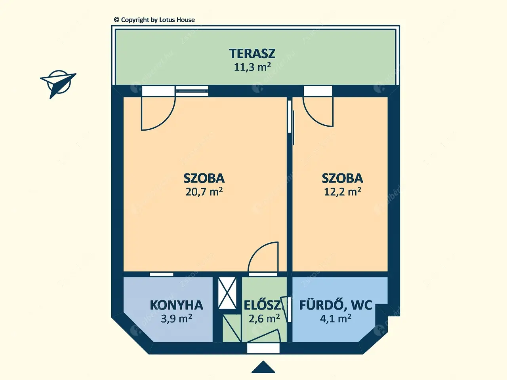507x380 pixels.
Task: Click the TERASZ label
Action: tap(252, 53)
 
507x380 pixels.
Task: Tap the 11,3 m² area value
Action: tap(252, 67)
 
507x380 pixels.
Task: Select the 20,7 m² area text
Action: tap(204, 191)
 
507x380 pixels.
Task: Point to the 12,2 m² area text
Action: tap(342, 191)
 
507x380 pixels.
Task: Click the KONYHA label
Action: tap(177, 305)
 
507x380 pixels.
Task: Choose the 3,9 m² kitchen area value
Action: tap(177, 318)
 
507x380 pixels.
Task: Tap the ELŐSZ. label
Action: tap(263, 305)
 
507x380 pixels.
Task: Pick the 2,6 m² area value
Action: tap(264, 318)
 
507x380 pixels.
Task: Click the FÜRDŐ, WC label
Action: tap(335, 305)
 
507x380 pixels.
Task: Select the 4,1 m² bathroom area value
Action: tap(335, 318)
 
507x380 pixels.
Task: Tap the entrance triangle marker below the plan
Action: tap(263, 367)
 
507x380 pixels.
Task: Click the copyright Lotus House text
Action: tap(154, 20)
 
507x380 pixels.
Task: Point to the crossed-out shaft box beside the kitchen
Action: tap(227, 293)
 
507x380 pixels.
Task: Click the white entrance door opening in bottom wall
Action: tap(263, 348)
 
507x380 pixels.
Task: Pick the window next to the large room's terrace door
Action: tap(192, 91)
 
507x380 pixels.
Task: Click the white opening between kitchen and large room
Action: tap(162, 274)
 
